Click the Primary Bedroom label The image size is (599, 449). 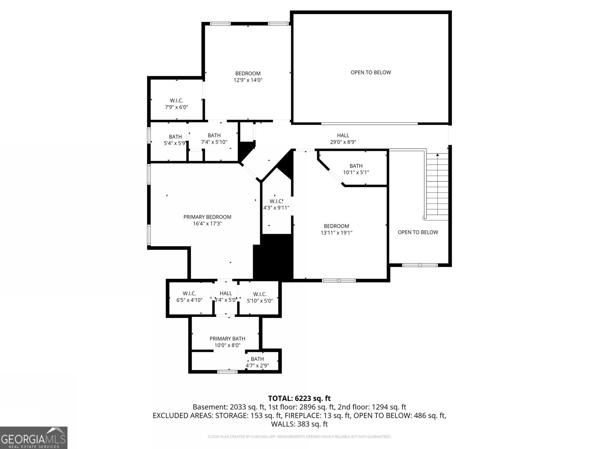click(x=207, y=217)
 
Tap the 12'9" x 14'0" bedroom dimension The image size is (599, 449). click(x=248, y=80)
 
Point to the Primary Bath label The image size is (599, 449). click(x=227, y=339)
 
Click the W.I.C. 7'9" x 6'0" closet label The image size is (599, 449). click(x=177, y=104)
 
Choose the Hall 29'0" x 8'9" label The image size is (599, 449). click(x=343, y=138)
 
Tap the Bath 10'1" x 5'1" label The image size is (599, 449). click(x=356, y=169)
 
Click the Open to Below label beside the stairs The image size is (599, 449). click(x=418, y=232)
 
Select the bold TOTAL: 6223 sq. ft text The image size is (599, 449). click(x=299, y=398)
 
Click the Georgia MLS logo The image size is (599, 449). click(x=34, y=438)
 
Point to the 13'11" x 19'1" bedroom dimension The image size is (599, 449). click(x=337, y=233)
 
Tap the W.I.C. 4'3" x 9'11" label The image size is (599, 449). click(x=276, y=204)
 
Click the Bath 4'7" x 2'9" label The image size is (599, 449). click(x=257, y=362)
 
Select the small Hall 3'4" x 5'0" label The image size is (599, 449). click(x=226, y=297)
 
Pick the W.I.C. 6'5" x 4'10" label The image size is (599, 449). click(x=189, y=297)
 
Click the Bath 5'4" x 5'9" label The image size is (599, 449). click(x=175, y=140)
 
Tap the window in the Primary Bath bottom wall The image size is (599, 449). click(x=227, y=371)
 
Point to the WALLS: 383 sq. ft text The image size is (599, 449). click(x=299, y=424)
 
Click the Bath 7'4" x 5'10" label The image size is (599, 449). click(x=214, y=138)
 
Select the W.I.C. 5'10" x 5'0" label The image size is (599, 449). click(x=260, y=297)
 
